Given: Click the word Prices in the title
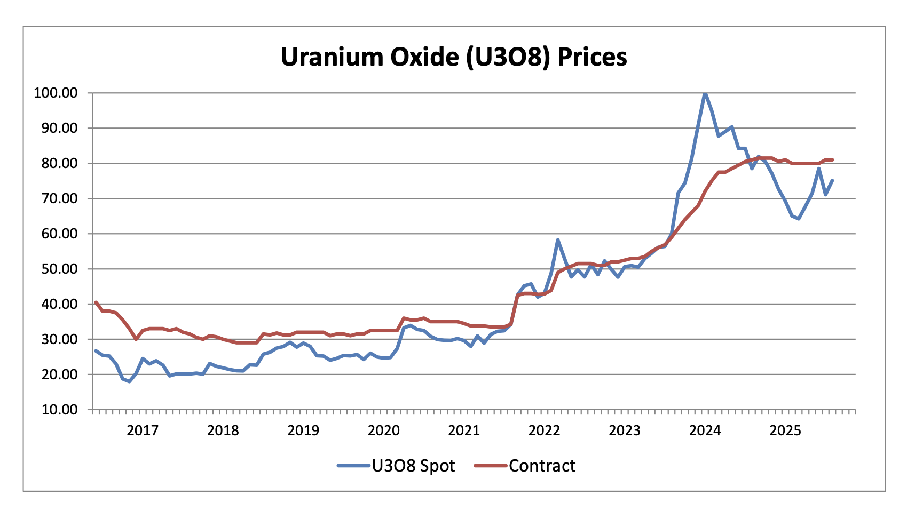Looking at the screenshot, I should (x=592, y=57).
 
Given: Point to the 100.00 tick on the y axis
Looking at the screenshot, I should (x=56, y=93).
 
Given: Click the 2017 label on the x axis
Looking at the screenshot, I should (x=143, y=430).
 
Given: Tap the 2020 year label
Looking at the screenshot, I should (x=383, y=430).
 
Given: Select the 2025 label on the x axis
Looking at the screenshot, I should (x=785, y=430).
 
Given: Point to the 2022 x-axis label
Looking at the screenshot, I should (x=544, y=430).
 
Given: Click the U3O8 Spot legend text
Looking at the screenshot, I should (x=413, y=466).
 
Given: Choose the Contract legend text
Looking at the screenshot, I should (x=542, y=466).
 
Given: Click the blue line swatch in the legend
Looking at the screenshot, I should (x=353, y=466).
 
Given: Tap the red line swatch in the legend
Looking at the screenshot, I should (x=490, y=466).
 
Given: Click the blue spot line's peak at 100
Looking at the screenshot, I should (x=705, y=93).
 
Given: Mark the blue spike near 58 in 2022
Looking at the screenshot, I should (x=557, y=240).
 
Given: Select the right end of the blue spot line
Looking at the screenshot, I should (x=832, y=180).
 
